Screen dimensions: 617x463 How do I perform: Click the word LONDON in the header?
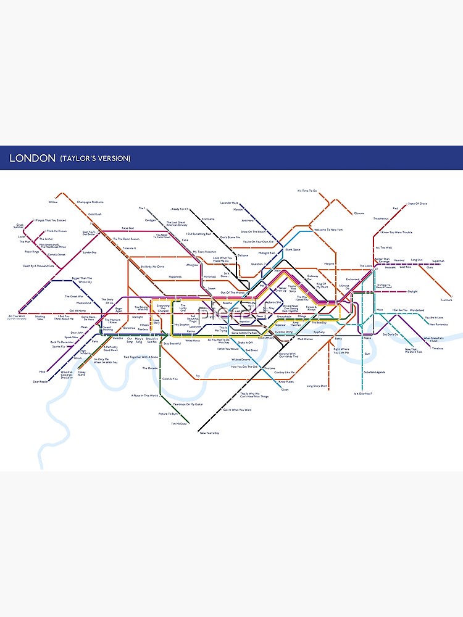[x=32, y=159]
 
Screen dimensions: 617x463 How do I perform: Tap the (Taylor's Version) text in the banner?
[x=95, y=159]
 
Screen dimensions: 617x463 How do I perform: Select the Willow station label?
[x=52, y=202]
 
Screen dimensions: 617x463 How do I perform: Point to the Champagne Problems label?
[x=90, y=202]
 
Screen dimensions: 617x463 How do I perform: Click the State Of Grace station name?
[x=417, y=204]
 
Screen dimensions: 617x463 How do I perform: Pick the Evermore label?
[x=446, y=300]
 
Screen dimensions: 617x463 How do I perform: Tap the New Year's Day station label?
[x=209, y=433]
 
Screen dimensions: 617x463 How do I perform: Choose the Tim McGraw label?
[x=178, y=423]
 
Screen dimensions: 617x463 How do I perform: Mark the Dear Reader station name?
[x=40, y=381]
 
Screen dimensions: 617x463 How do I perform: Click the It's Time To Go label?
[x=307, y=191]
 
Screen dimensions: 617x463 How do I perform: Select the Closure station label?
[x=359, y=213]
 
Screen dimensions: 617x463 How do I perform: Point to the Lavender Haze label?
[x=229, y=202]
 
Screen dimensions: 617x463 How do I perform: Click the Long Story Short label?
[x=317, y=386]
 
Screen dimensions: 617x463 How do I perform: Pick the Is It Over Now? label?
[x=362, y=393]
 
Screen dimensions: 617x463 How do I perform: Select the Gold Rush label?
[x=94, y=213]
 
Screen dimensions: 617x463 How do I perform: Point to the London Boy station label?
[x=90, y=252]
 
